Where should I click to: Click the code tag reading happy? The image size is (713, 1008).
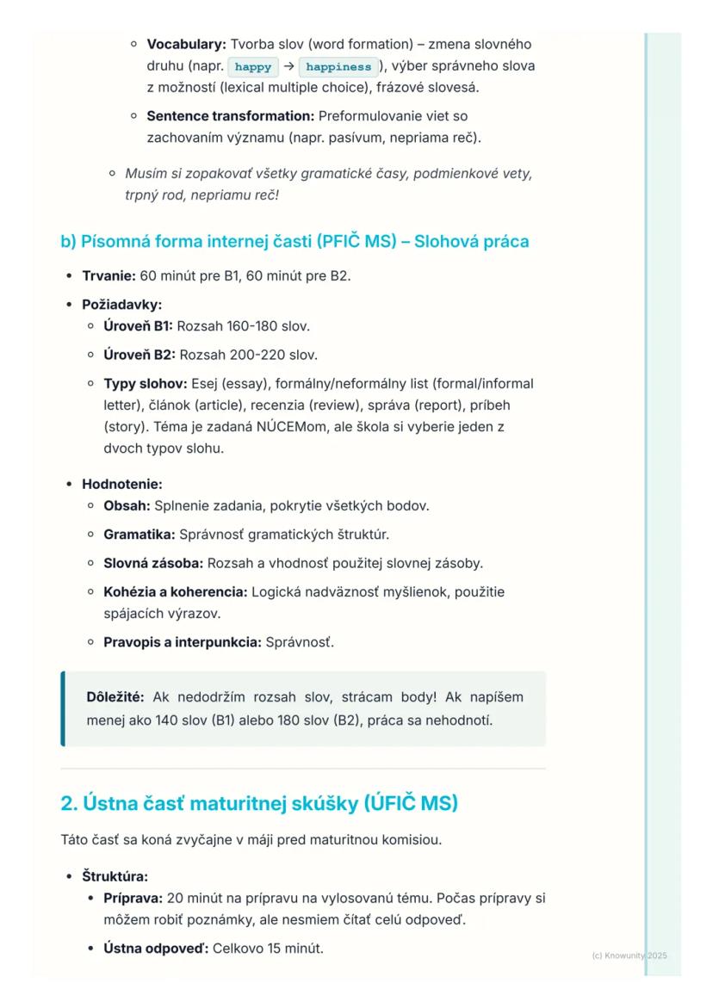point(252,66)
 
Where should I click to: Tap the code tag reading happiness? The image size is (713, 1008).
point(338,66)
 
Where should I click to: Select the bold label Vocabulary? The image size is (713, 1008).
point(187,44)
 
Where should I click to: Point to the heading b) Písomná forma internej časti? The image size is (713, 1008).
point(294,241)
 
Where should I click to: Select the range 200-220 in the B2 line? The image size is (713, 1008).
point(257,355)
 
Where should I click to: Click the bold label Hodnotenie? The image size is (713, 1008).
point(121,484)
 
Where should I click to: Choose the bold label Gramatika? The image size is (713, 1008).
point(139,535)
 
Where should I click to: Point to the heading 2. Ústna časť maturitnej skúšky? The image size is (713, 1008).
point(259,803)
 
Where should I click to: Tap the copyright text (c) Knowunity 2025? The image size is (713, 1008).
point(629,955)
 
